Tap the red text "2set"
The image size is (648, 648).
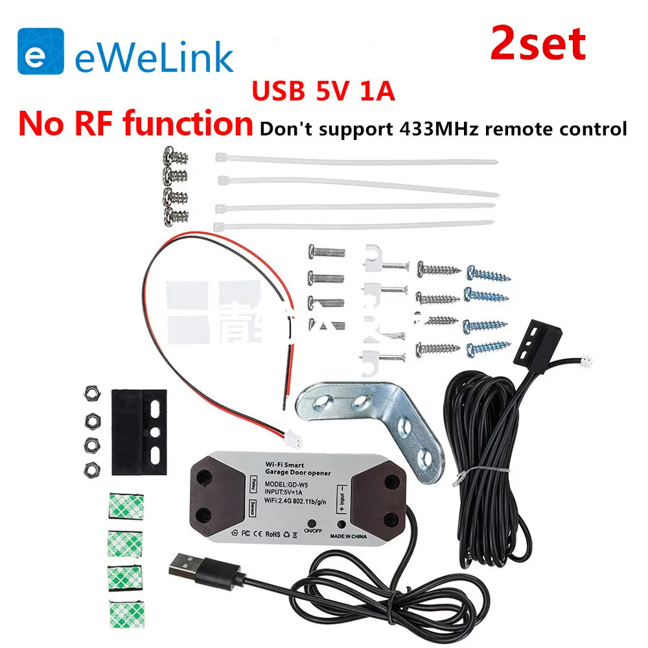coord(538,44)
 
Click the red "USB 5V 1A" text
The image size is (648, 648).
coord(323,91)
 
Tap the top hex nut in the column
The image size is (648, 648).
coord(90,395)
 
